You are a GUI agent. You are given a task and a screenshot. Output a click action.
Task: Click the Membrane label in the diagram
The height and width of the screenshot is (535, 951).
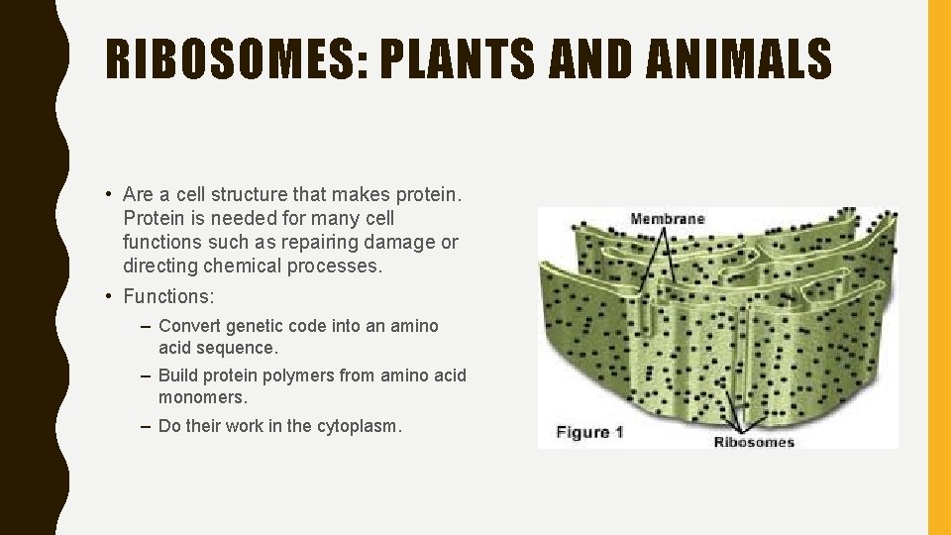[668, 219]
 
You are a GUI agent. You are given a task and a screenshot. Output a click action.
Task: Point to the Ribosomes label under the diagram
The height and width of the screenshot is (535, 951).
[754, 442]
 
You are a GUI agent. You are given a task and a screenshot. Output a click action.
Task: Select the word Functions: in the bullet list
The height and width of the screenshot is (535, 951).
[168, 296]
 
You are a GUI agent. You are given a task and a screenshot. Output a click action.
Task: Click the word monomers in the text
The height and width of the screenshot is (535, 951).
[202, 397]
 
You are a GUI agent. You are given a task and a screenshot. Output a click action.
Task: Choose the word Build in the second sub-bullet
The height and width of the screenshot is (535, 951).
[178, 375]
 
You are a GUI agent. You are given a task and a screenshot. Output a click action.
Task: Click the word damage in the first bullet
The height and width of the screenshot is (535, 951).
[404, 243]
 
